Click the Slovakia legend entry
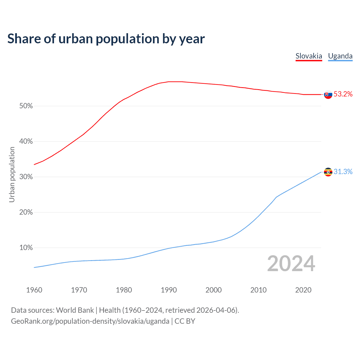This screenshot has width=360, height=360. click(x=309, y=56)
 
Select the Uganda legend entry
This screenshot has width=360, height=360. click(x=340, y=56)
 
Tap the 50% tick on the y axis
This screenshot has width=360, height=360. click(x=26, y=106)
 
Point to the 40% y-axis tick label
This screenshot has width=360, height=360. click(x=26, y=141)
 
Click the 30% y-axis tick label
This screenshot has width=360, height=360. click(x=26, y=177)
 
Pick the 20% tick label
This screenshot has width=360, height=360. click(x=26, y=212)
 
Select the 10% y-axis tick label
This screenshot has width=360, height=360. click(x=26, y=248)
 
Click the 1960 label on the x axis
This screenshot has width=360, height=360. click(x=34, y=290)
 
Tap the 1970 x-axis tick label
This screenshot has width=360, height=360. click(x=79, y=290)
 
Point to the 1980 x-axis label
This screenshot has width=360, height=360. click(x=124, y=290)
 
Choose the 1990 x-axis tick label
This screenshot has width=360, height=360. click(x=169, y=290)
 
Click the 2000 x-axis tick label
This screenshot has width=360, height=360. click(x=213, y=290)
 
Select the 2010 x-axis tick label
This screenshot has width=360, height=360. click(x=258, y=290)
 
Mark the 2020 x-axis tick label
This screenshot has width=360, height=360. click(x=303, y=290)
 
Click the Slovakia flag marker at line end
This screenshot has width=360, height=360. click(x=328, y=94)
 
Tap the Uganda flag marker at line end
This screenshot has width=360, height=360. click(x=328, y=172)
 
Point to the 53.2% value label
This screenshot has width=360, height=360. click(x=343, y=94)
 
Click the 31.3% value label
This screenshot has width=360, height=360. click(x=343, y=172)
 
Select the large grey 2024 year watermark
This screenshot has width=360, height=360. click(x=291, y=264)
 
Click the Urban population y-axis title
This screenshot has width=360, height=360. click(x=12, y=174)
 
